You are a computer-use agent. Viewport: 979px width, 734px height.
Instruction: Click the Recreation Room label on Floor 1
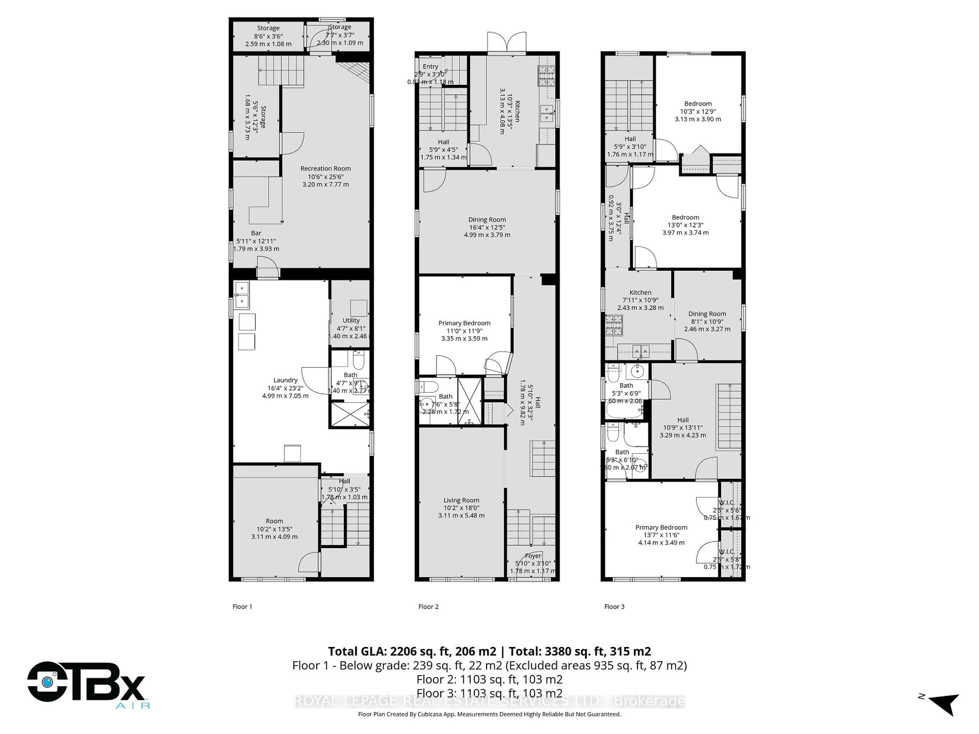[325, 168]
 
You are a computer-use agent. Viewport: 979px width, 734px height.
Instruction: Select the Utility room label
[351, 320]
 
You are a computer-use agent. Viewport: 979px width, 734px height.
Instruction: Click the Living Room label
[461, 500]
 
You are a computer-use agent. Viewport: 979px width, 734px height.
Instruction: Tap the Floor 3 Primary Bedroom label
[661, 527]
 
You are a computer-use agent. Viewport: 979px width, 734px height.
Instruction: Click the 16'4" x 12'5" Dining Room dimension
[487, 227]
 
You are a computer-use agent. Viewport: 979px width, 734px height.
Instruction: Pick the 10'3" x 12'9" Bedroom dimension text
[698, 111]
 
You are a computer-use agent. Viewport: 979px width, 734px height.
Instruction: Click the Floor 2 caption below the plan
[428, 607]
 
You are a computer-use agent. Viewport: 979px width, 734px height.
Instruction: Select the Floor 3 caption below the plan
[614, 607]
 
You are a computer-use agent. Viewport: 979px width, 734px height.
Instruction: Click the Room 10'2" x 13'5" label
[274, 529]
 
